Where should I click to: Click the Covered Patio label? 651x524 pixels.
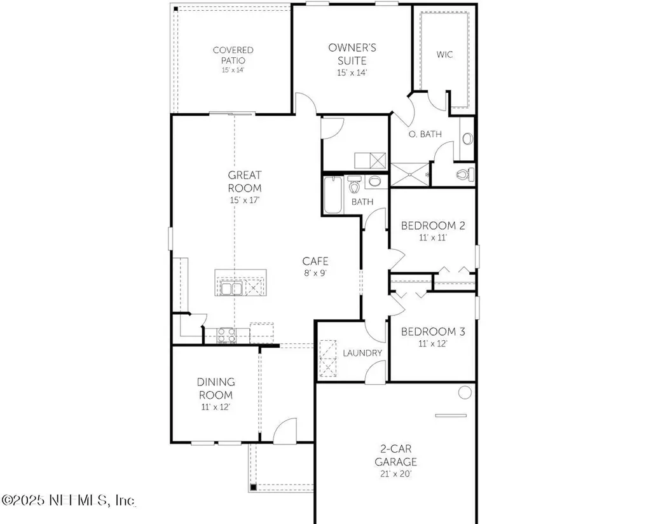233,55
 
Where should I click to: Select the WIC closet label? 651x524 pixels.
444,55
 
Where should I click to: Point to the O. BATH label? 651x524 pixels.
425,134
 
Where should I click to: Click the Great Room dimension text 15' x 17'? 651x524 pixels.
245,200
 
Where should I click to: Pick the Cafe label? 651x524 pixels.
315,261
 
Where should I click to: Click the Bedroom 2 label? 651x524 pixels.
428,226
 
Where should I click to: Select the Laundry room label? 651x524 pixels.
362,353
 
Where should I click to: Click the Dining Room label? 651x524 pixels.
216,388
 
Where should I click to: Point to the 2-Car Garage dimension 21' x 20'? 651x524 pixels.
395,474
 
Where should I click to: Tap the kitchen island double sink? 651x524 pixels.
231,289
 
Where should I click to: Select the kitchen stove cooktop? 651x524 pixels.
226,334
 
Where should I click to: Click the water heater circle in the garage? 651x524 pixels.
465,392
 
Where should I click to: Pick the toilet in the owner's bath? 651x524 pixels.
463,174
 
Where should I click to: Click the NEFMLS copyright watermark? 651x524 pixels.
68,501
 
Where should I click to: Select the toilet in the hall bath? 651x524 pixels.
355,186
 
